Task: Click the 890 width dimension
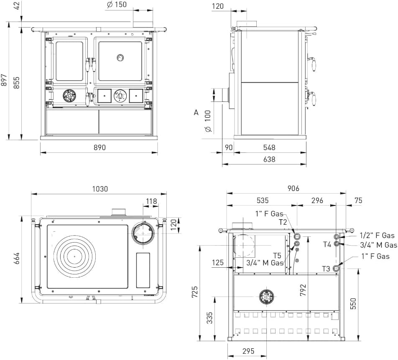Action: (99, 147)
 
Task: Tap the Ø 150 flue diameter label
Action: (117, 5)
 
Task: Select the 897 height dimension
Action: (4, 80)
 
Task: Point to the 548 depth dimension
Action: (269, 147)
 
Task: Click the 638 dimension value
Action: (269, 159)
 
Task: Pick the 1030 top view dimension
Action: (100, 189)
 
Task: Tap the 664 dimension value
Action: (16, 259)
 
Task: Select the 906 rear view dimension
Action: (293, 188)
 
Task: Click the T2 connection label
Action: (283, 222)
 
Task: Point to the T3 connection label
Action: (326, 269)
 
